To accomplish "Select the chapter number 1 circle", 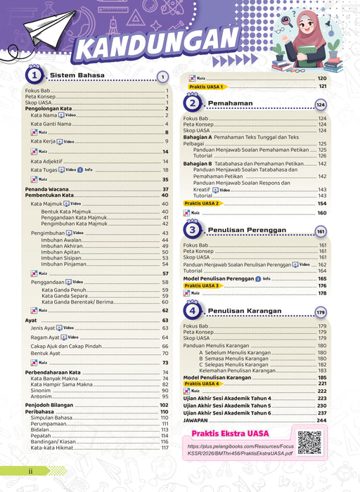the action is (32, 76).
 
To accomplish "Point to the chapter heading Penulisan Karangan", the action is (240, 311).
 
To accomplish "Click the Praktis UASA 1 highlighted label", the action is (206, 86).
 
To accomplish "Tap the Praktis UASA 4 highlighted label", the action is (202, 384).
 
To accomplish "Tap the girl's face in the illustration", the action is (309, 32).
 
